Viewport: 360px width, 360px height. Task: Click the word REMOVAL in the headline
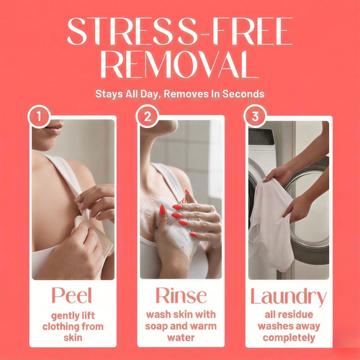179,64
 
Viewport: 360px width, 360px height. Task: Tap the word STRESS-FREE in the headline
180,31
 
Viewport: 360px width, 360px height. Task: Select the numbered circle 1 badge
39,117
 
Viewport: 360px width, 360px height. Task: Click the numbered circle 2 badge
147,117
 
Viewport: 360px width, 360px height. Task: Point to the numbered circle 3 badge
255,117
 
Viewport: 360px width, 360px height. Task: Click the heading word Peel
72,295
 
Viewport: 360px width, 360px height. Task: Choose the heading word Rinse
181,295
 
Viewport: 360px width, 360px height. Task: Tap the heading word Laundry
289,297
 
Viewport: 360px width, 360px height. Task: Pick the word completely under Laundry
289,338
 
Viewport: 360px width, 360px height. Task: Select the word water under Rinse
181,338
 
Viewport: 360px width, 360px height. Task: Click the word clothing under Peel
61,327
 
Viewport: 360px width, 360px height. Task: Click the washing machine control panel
261,137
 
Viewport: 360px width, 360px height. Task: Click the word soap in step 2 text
156,326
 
